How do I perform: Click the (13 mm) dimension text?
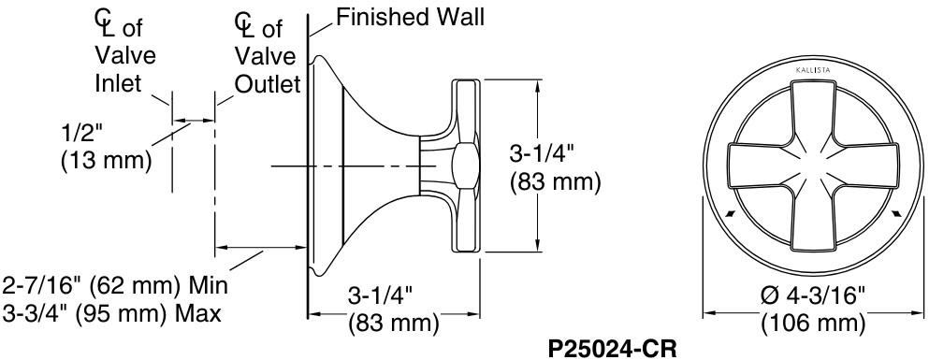click(105, 160)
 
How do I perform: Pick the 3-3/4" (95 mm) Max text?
click(113, 313)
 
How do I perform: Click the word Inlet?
click(118, 83)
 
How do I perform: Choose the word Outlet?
click(268, 84)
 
